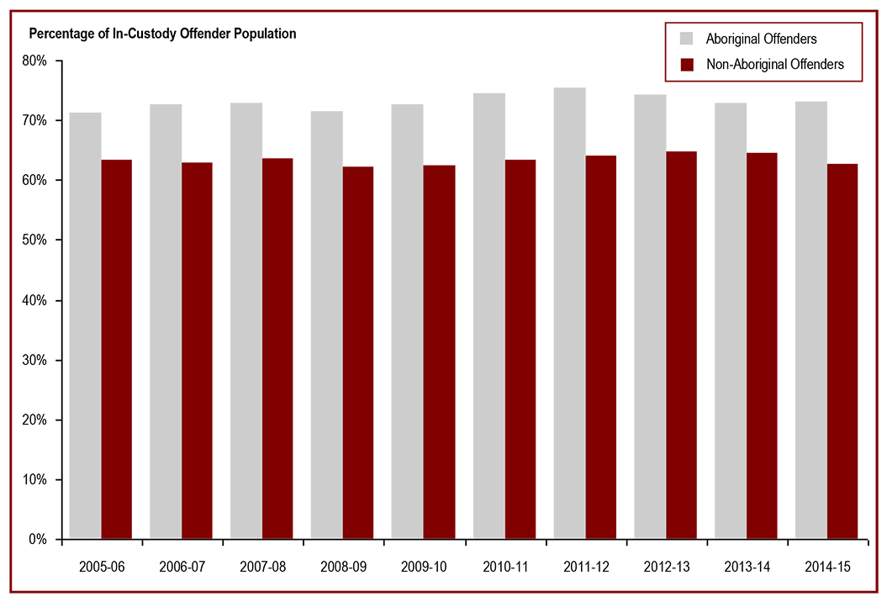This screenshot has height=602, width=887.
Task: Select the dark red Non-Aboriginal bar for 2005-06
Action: tap(117, 349)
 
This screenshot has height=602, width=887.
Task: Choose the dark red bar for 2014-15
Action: tap(842, 351)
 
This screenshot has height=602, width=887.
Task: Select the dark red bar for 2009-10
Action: tap(439, 351)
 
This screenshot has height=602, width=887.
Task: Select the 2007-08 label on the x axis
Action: tap(262, 568)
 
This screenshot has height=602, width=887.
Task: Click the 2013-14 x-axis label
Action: tap(747, 568)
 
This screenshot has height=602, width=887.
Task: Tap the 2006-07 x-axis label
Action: tap(182, 568)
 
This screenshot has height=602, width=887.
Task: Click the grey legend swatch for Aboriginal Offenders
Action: tap(687, 39)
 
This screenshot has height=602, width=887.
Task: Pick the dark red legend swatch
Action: tap(687, 65)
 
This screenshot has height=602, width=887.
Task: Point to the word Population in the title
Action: tap(266, 34)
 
